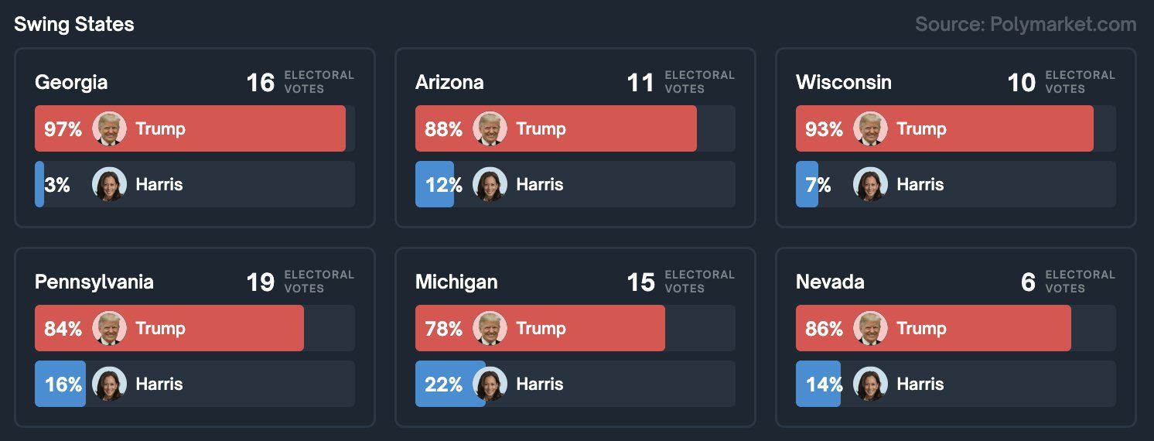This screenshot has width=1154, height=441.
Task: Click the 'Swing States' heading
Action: point(74,25)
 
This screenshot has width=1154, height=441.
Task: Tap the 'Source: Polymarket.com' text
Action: point(1026,25)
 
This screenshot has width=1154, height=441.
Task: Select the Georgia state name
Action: point(71,82)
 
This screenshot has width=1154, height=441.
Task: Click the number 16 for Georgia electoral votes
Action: point(260,83)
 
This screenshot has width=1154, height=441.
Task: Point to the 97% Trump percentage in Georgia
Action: point(63,129)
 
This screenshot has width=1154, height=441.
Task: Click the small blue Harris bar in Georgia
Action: point(39,184)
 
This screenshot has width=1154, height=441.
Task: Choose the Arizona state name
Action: point(449,82)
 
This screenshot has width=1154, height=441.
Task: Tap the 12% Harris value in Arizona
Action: point(443,185)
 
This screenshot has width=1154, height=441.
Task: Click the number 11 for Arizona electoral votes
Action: point(640,83)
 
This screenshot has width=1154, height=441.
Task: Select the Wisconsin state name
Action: point(843,82)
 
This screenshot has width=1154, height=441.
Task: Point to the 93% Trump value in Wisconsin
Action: point(824,129)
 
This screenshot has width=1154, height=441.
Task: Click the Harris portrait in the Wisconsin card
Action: point(870,184)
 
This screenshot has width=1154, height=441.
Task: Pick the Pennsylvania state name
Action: point(94,282)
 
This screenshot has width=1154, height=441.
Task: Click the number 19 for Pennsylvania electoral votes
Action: point(260,282)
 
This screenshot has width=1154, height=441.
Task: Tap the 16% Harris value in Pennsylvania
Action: point(63,385)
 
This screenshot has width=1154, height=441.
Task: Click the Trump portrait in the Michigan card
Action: point(490,328)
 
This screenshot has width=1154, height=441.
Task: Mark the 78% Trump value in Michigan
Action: point(443,329)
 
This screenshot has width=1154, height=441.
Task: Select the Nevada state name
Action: point(830,282)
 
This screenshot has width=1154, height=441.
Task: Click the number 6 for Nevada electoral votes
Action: point(1028,282)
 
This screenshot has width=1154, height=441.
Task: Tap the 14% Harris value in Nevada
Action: point(824,385)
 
